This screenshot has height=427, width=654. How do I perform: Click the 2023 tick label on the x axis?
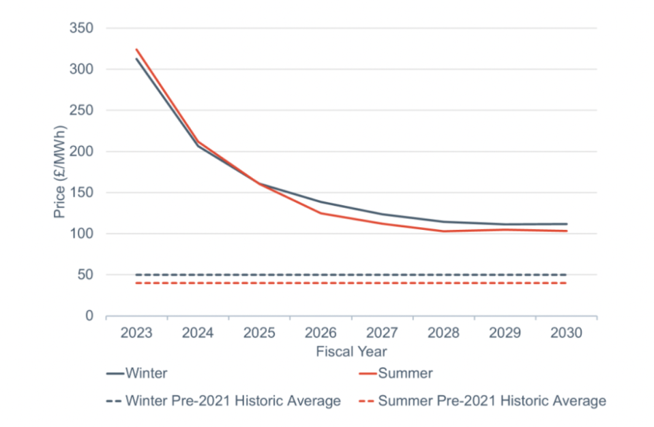coord(136,333)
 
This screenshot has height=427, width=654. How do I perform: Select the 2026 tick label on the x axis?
coord(321,333)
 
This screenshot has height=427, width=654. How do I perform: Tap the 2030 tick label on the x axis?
coord(566,333)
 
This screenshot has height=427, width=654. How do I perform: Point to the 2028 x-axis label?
coord(443,333)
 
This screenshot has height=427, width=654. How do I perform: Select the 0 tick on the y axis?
coord(88,316)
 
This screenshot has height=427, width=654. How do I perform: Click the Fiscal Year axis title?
coord(351,351)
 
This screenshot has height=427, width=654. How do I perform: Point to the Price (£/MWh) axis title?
coord(60,172)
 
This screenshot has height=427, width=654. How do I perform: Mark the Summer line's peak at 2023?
coord(136,49)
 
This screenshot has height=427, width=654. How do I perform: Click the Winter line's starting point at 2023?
coord(136,59)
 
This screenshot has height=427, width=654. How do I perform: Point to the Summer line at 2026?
coord(321,213)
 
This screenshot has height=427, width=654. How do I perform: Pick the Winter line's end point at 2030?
coord(566,224)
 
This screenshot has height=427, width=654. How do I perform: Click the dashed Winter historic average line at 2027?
coord(382,275)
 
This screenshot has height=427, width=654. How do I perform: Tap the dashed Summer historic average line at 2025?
coord(259,283)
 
